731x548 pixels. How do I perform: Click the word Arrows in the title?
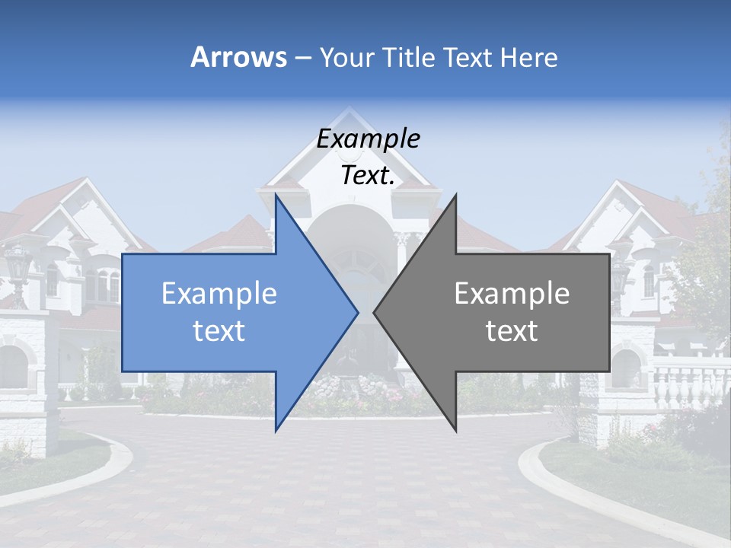click(238, 57)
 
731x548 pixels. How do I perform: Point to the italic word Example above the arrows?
click(368, 139)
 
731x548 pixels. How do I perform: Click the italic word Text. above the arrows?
click(368, 176)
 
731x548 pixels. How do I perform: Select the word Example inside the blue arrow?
click(219, 294)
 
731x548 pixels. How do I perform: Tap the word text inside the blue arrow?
click(219, 331)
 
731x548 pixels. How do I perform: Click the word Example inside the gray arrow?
click(512, 294)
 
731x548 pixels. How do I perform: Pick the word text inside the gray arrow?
click(512, 331)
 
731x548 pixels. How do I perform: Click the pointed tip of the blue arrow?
click(357, 312)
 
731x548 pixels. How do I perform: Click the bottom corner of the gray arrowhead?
click(455, 429)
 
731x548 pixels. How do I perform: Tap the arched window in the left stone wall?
click(13, 365)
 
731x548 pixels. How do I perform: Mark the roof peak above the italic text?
click(350, 111)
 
